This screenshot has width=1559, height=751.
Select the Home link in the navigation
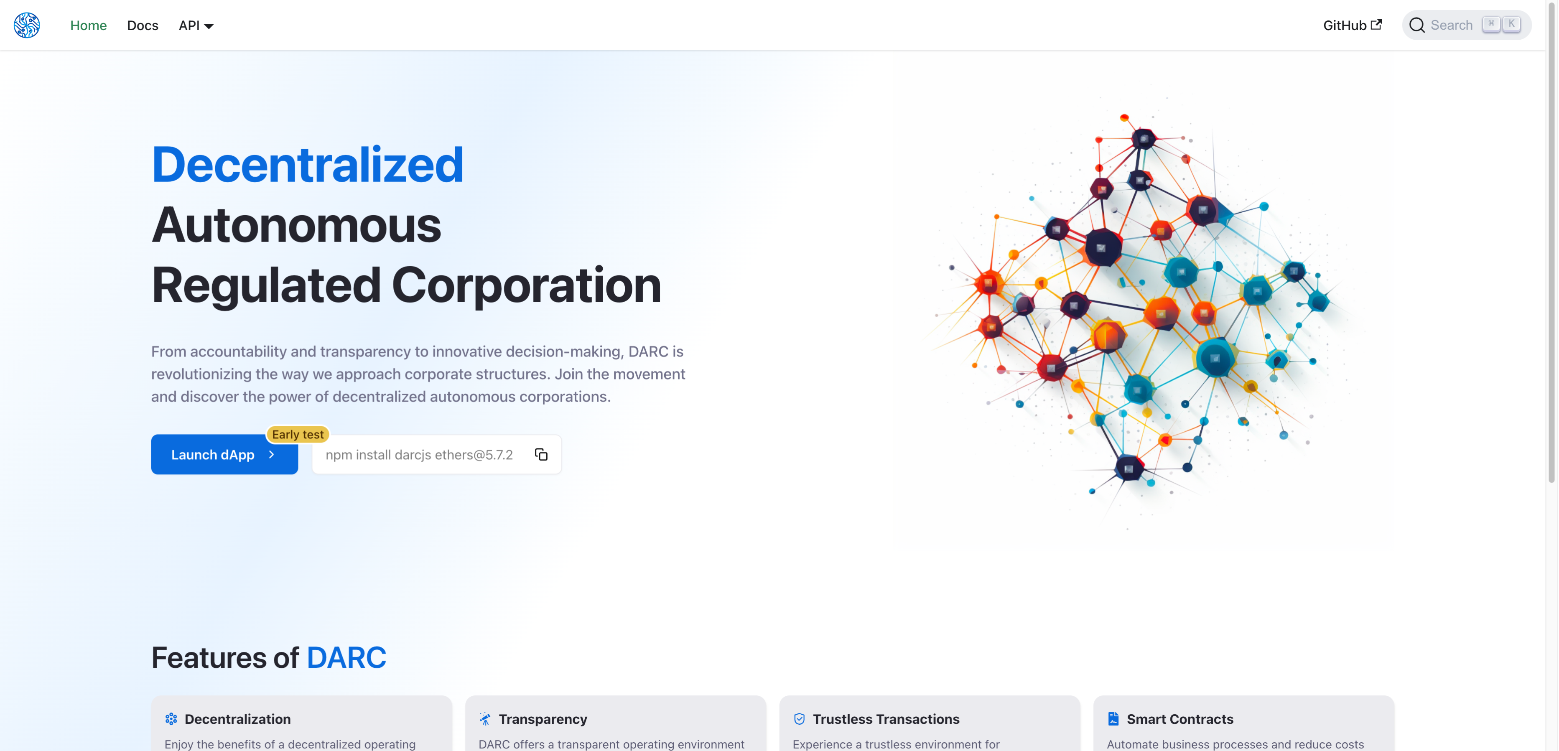[x=88, y=25]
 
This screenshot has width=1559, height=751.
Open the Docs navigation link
[x=143, y=25]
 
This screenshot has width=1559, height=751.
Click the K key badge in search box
[x=1511, y=24]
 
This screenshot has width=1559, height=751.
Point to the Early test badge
[x=298, y=435]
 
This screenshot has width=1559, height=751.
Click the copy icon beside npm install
[x=541, y=454]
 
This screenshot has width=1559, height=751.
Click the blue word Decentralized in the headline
[x=308, y=165]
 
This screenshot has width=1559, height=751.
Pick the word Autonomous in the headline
[x=296, y=224]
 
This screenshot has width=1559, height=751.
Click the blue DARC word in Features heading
[x=346, y=658]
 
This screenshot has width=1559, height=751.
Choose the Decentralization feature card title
[x=238, y=719]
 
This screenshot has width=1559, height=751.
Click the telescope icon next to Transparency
[x=485, y=719]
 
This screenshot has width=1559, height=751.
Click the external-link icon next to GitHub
[x=1376, y=24]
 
